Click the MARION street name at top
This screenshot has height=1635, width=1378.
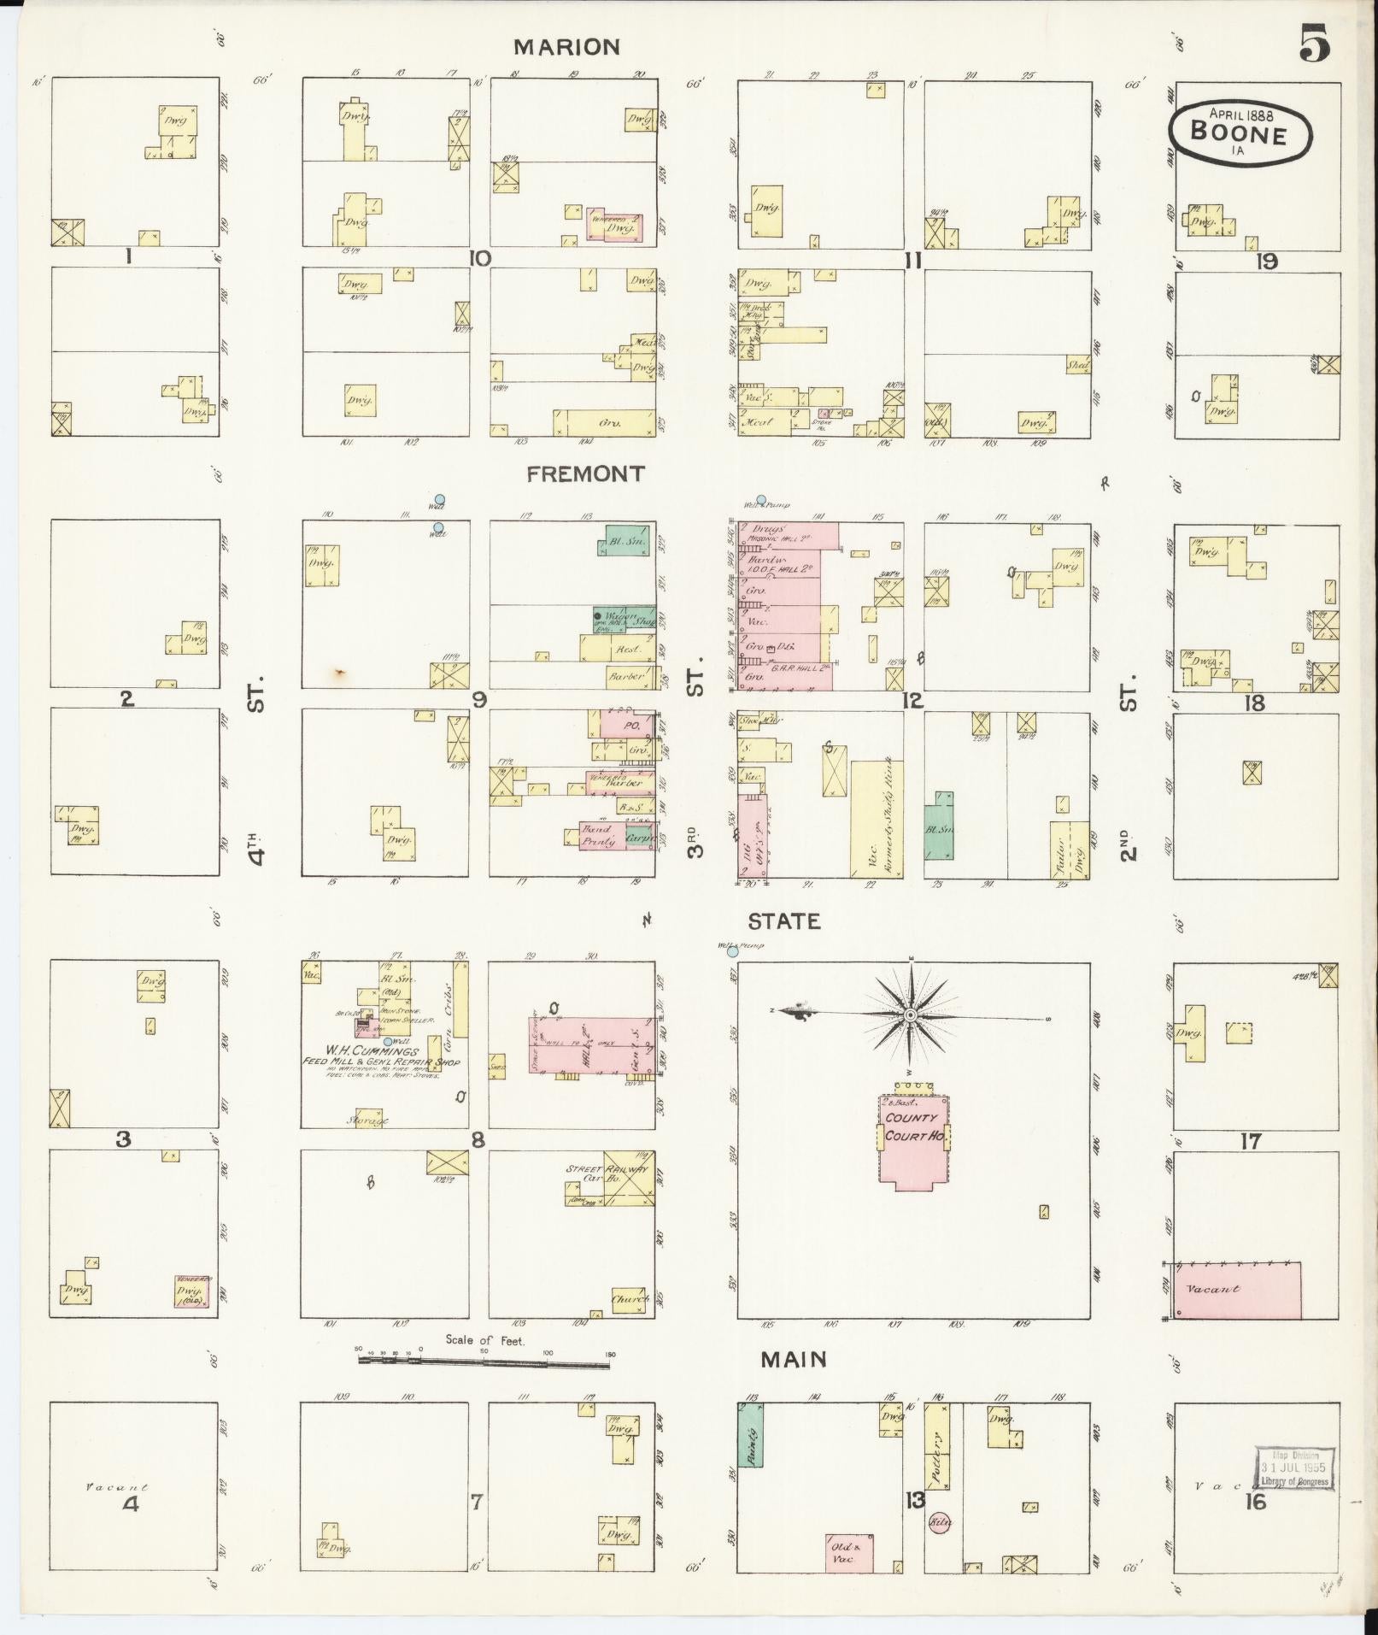click(566, 47)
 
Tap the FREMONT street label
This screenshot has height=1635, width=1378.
click(585, 474)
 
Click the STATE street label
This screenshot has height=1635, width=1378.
click(784, 921)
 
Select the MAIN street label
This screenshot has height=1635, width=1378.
click(795, 1359)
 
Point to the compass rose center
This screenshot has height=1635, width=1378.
click(912, 1015)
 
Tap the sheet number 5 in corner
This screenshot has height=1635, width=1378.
click(1315, 44)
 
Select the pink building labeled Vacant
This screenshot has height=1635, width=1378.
click(1237, 1290)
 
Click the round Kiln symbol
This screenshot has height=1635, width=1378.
click(941, 1522)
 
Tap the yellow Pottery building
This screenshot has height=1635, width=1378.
click(938, 1454)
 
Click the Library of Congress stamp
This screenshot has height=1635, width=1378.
click(1294, 1469)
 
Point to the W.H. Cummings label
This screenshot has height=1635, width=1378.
click(383, 1052)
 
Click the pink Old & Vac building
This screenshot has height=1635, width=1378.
click(848, 1552)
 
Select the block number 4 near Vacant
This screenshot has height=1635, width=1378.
click(130, 1504)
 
